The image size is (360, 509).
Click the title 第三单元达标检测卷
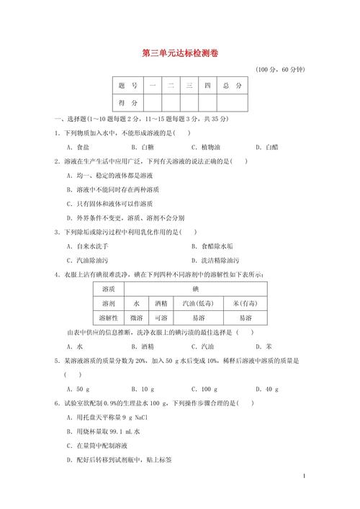[x=179, y=53]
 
